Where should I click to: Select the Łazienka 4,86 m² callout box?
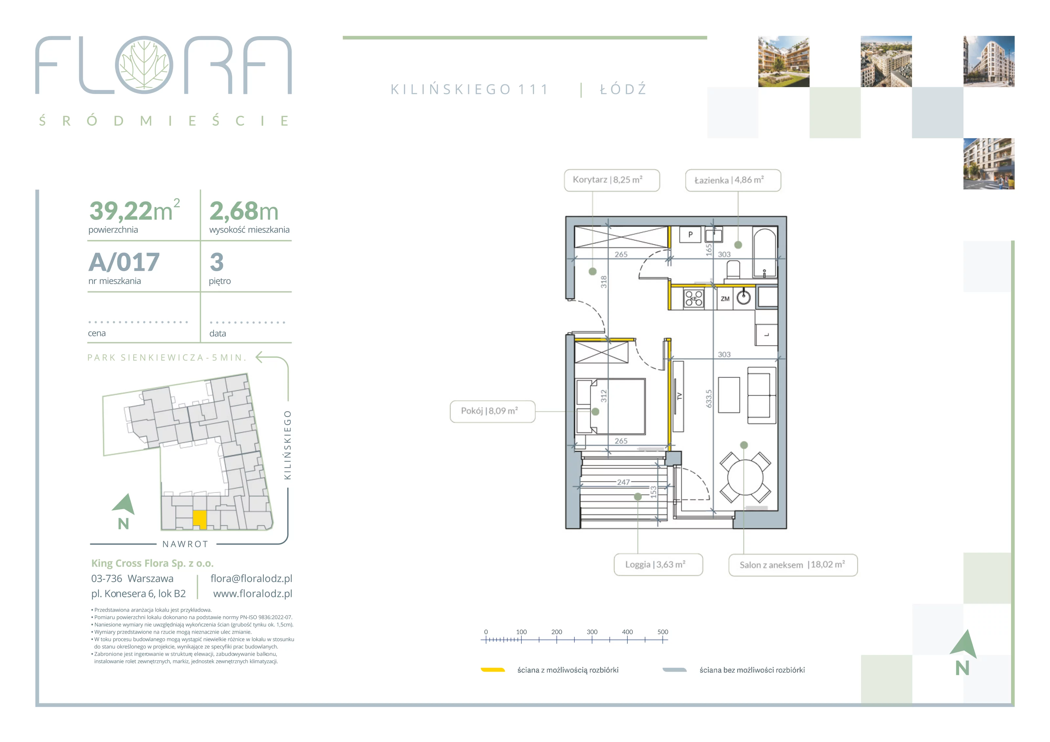click(x=733, y=180)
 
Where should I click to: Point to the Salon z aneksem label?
click(x=771, y=565)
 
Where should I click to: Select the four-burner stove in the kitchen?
click(x=694, y=299)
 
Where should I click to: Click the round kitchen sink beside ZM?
click(x=744, y=298)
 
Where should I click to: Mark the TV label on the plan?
click(x=679, y=396)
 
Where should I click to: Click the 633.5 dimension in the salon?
click(x=709, y=399)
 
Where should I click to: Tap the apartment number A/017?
click(x=124, y=262)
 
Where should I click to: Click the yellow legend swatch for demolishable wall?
click(x=493, y=670)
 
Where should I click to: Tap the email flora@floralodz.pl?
click(x=251, y=578)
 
